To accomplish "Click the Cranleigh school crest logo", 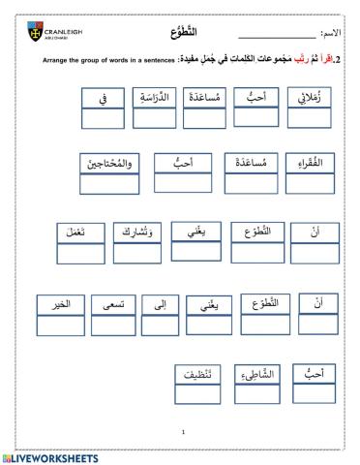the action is (x=35, y=35).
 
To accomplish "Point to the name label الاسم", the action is (x=332, y=34).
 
